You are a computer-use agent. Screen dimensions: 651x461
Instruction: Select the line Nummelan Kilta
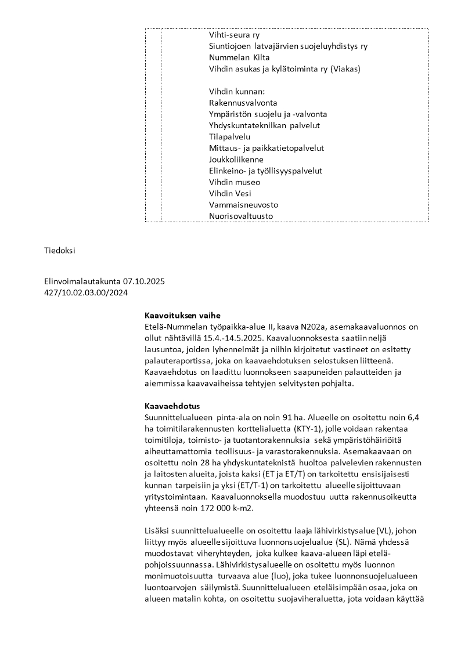[235, 57]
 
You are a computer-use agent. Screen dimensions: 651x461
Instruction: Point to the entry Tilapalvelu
[229, 137]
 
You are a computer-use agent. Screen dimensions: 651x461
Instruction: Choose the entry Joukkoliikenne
[236, 160]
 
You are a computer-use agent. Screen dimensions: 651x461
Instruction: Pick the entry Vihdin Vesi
[230, 194]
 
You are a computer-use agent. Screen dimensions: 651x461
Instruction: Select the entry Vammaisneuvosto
[243, 205]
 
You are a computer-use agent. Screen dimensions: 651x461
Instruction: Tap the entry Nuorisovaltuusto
[240, 216]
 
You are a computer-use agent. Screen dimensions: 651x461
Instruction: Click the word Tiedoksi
[60, 251]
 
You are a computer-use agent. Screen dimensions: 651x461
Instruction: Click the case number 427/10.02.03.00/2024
[86, 292]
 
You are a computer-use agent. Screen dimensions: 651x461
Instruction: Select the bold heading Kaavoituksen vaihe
[182, 316]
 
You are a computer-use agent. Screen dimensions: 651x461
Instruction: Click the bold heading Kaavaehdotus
[172, 407]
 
